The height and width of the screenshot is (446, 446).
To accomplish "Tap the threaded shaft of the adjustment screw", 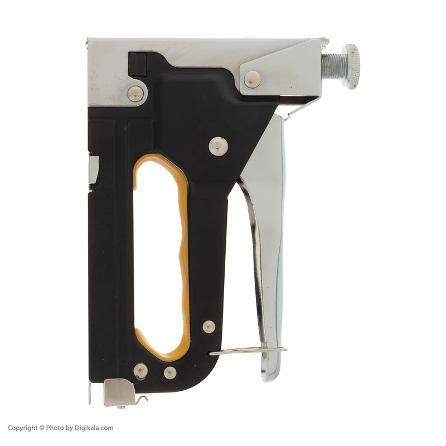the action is coord(332,66).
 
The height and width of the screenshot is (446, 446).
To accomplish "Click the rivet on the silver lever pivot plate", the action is coord(252,79).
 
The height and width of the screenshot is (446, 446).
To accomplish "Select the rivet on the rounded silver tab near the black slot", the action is coord(135,94).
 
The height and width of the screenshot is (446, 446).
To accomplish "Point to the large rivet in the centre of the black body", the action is coord(218,146).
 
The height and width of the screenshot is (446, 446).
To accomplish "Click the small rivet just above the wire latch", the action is coord(209,327).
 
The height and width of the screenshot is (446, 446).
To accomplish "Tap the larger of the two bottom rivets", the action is coord(140,370).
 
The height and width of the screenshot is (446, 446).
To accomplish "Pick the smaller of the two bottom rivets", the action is coord(170,372).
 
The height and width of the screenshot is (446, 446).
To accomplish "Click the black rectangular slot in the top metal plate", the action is coord(137,64).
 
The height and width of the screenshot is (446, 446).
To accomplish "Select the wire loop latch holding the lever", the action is coord(248,351).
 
